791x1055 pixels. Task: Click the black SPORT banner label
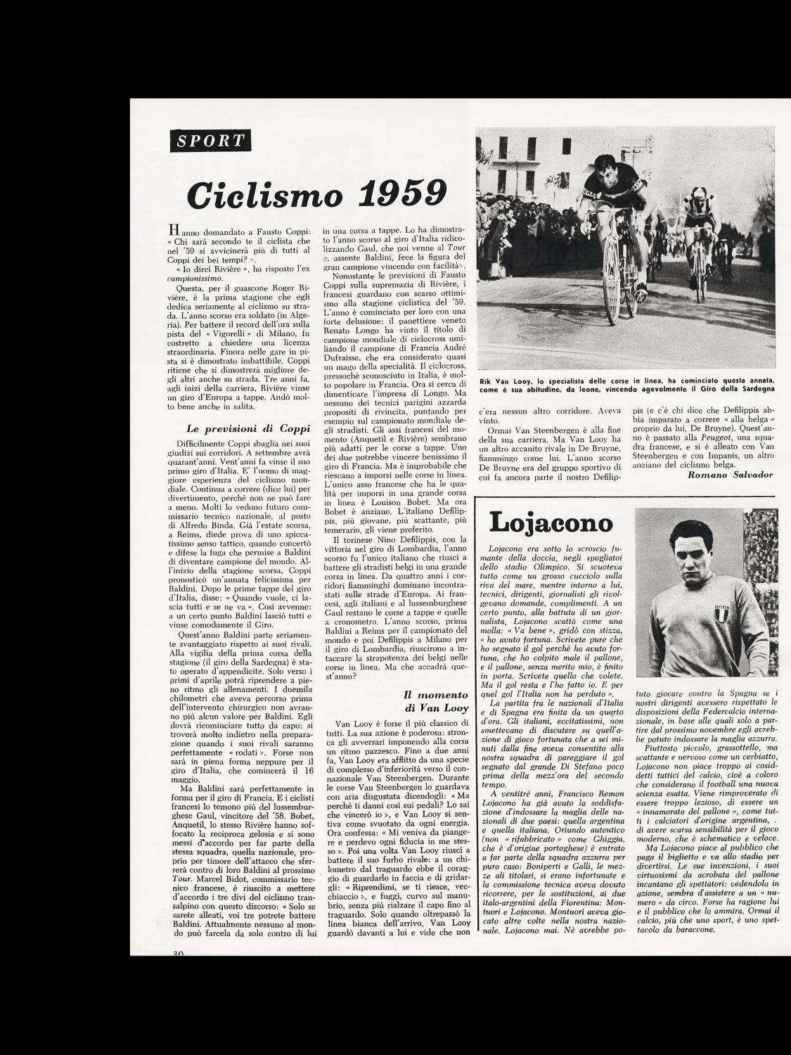pos(211,140)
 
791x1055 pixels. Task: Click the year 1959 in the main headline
pos(399,193)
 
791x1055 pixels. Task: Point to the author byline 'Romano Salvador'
pos(731,475)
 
